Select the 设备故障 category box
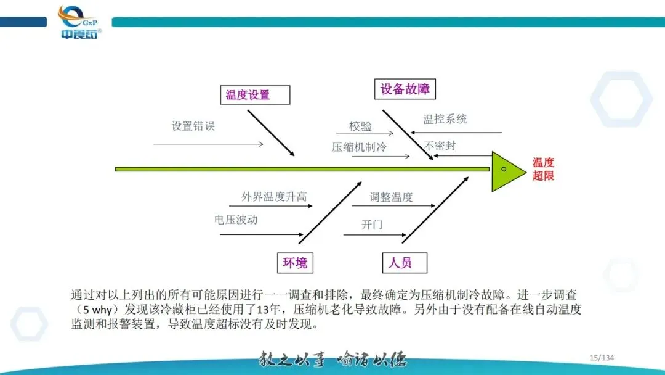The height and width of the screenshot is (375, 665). [404, 89]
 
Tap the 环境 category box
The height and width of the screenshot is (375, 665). [294, 263]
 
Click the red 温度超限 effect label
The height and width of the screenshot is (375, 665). [543, 169]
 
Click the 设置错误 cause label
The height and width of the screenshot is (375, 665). [193, 126]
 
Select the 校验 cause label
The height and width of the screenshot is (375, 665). [360, 126]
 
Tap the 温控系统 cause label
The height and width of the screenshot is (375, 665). [445, 119]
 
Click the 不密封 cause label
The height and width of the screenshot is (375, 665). [440, 146]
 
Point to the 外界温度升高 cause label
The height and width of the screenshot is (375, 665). [274, 197]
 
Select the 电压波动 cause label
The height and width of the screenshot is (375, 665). [236, 220]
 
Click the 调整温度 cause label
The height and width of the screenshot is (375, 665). [391, 197]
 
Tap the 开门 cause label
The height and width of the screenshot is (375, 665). [372, 225]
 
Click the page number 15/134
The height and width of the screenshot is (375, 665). [602, 358]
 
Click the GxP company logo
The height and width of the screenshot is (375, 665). [80, 22]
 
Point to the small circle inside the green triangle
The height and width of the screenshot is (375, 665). [504, 169]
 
